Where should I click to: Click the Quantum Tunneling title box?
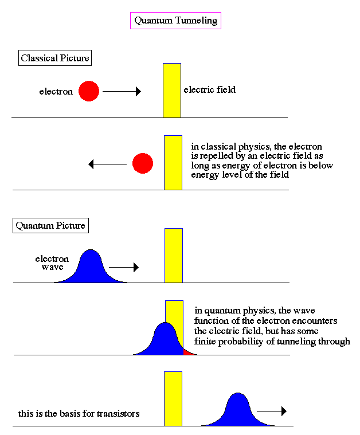tap(176, 21)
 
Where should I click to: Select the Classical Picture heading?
tap(55, 58)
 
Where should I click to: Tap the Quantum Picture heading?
tap(50, 225)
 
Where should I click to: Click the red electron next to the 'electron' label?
tap(89, 91)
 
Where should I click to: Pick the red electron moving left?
tap(143, 164)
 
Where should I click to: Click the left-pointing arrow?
tap(107, 164)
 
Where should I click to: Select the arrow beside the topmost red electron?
tap(122, 91)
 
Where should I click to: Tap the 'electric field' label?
tap(209, 90)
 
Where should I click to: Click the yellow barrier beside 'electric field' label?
tap(172, 91)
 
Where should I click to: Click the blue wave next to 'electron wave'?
tap(90, 268)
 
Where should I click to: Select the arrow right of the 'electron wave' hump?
tap(124, 267)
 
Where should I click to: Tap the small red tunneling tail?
tap(187, 351)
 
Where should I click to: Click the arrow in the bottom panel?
tap(271, 411)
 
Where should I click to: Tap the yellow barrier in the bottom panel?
tap(173, 398)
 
